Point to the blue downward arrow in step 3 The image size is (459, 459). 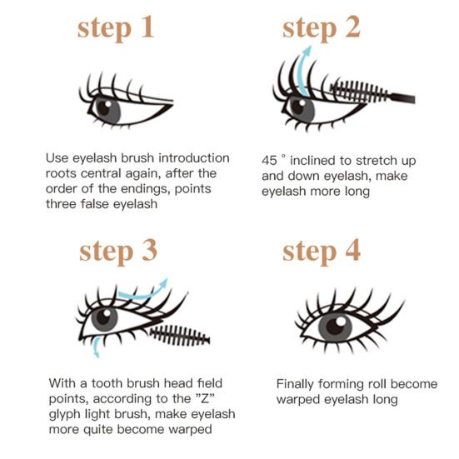tap(95, 346)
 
